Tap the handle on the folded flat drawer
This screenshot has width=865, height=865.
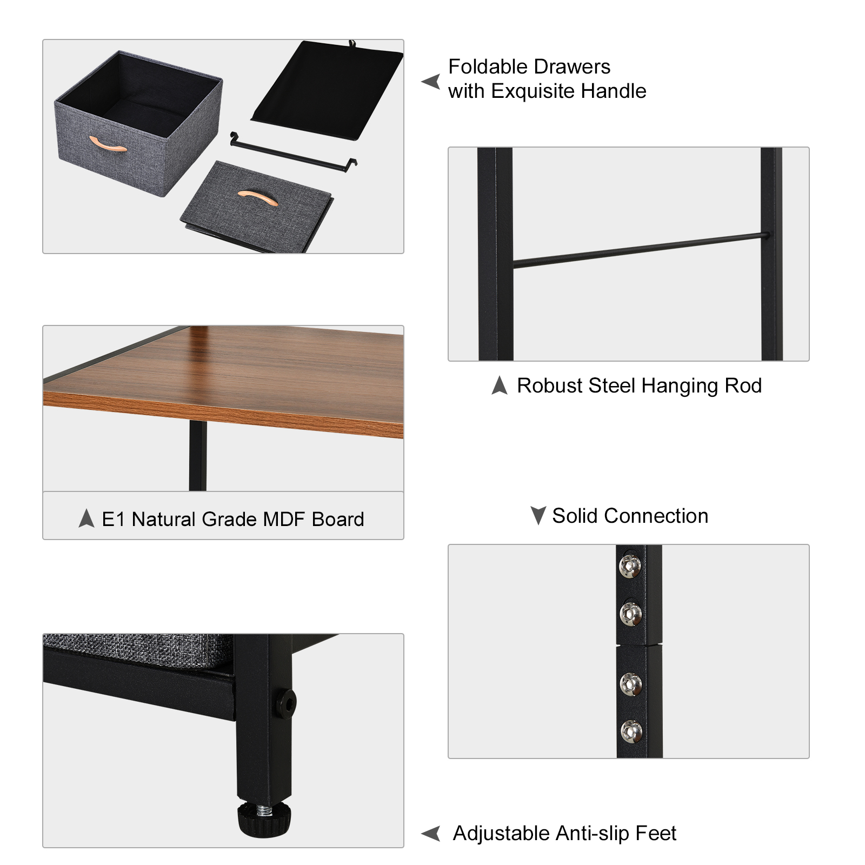(258, 197)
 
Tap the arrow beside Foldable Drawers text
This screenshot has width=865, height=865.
(431, 82)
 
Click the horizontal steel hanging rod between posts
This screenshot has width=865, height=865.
(638, 250)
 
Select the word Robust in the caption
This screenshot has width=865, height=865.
(549, 386)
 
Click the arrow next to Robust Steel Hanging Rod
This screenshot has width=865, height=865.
(500, 385)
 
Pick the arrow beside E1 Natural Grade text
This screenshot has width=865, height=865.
(86, 518)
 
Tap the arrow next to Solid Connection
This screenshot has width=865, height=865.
(538, 515)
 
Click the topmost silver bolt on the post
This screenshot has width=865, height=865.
(630, 565)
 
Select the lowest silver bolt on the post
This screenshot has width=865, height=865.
(631, 731)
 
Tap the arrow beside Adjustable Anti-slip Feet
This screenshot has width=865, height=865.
(431, 834)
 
